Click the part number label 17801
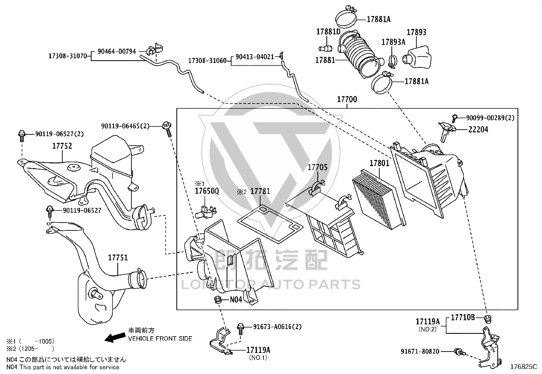pyautogui.click(x=379, y=163)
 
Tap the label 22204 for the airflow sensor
pyautogui.click(x=478, y=130)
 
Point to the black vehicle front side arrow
pyautogui.click(x=115, y=337)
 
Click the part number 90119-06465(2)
pyautogui.click(x=125, y=126)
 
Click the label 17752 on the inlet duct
pyautogui.click(x=62, y=146)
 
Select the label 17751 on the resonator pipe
pyautogui.click(x=118, y=258)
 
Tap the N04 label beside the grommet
pyautogui.click(x=236, y=300)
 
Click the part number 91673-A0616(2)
pyautogui.click(x=277, y=327)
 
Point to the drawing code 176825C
pyautogui.click(x=524, y=367)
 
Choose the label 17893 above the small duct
pyautogui.click(x=416, y=32)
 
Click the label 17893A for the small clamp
pyautogui.click(x=394, y=42)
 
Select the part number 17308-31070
pyautogui.click(x=68, y=56)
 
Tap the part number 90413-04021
pyautogui.click(x=255, y=57)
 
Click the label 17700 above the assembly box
pyautogui.click(x=347, y=99)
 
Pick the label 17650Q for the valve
pyautogui.click(x=207, y=191)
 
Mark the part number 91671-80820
pyautogui.click(x=420, y=351)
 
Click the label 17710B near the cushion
pyautogui.click(x=463, y=318)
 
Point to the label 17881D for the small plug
pyautogui.click(x=328, y=32)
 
